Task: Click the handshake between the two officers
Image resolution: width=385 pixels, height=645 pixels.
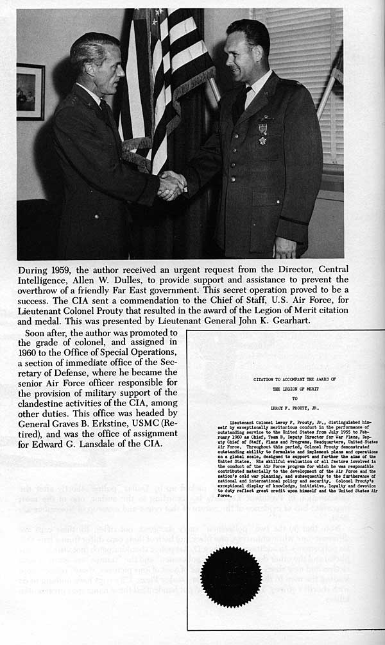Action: pyautogui.click(x=172, y=185)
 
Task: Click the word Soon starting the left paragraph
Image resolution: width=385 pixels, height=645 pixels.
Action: pyautogui.click(x=37, y=333)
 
